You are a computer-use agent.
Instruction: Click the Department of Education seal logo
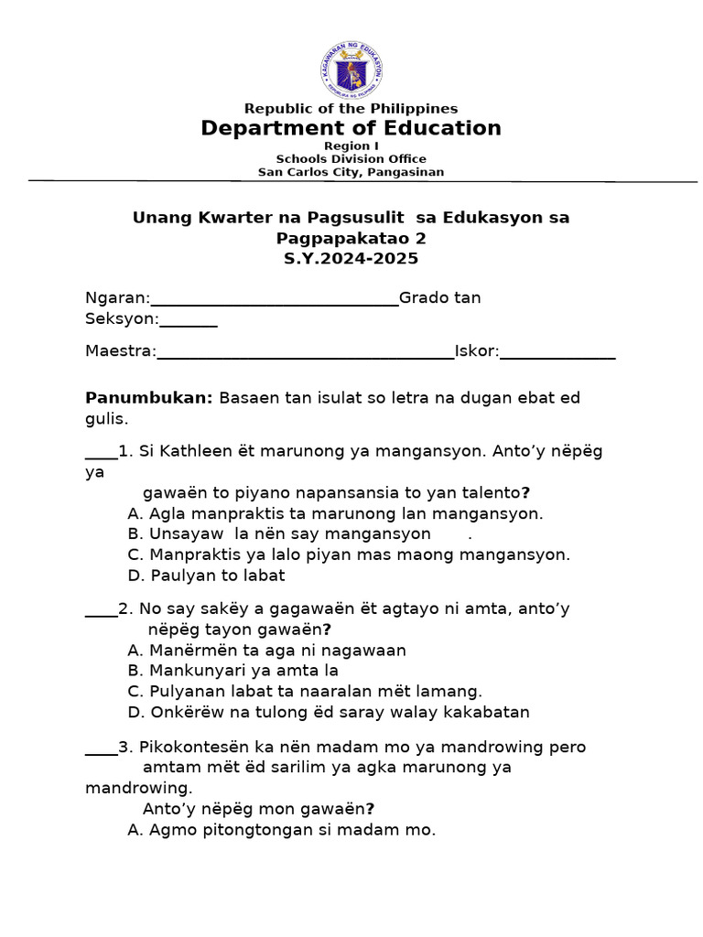[351, 70]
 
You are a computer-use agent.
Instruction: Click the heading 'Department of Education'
[351, 128]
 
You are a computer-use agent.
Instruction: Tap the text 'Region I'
[351, 146]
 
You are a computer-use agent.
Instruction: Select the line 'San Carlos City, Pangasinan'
[351, 171]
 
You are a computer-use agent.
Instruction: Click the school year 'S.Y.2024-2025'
[351, 259]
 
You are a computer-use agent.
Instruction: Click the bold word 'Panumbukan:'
[149, 398]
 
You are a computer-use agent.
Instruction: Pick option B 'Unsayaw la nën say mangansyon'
[279, 533]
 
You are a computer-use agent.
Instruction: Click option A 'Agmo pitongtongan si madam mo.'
[282, 831]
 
